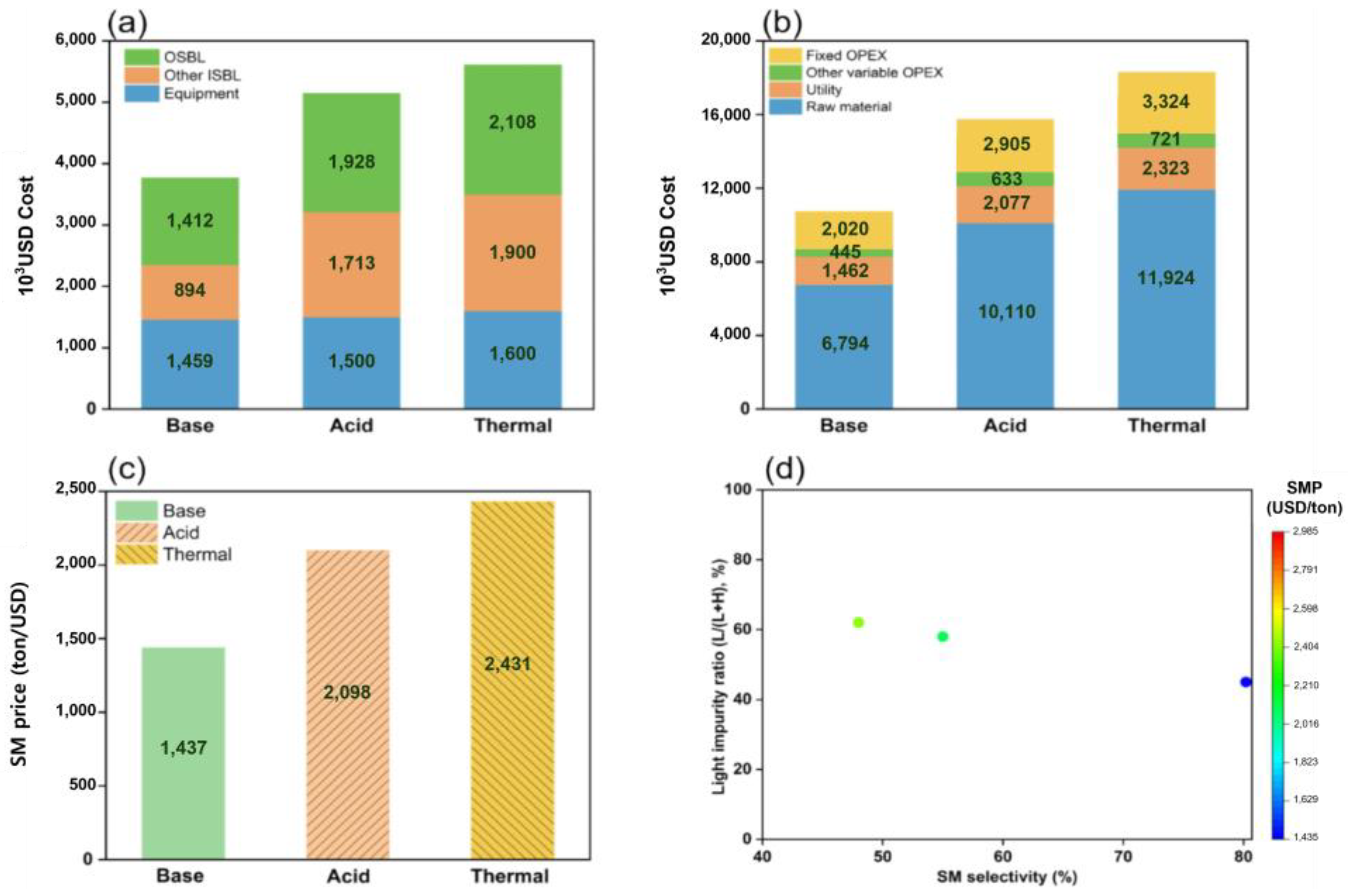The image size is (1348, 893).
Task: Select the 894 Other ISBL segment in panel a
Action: (x=189, y=291)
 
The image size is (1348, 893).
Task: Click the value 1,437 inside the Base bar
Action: (x=183, y=748)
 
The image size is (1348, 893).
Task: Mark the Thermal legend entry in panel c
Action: (x=197, y=554)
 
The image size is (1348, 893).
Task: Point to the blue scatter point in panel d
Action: (x=1245, y=682)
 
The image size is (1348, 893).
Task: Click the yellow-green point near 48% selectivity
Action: (x=858, y=623)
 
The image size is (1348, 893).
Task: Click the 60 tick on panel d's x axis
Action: (x=1002, y=856)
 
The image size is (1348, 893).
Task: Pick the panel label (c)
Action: (x=126, y=468)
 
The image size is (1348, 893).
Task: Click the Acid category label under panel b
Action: (x=1005, y=426)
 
